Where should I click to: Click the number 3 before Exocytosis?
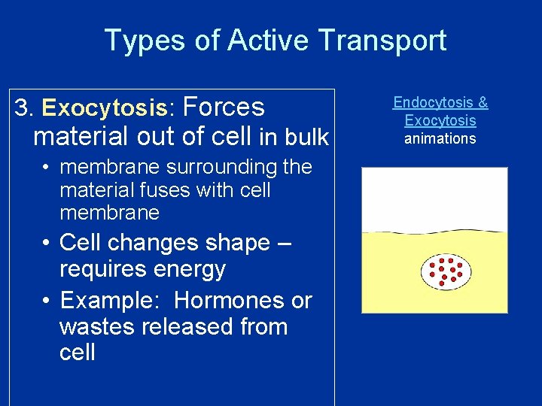[x=22, y=108]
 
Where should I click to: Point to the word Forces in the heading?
[x=224, y=108]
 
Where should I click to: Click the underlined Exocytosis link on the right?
[x=440, y=120]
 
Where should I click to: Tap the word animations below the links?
[x=440, y=138]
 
